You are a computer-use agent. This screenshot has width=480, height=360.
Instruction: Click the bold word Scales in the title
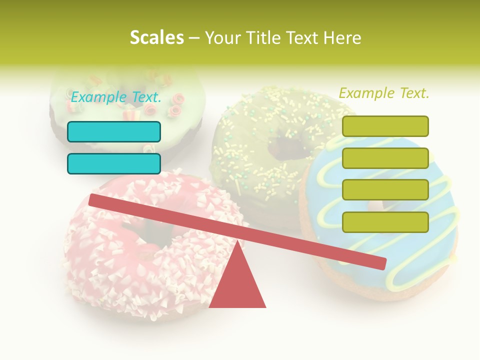156,38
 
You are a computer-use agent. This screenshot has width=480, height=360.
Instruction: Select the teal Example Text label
115,97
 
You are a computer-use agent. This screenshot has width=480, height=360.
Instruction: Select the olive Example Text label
384,93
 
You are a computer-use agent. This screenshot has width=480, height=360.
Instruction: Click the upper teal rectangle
114,131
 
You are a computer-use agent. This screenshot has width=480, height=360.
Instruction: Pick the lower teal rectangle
114,163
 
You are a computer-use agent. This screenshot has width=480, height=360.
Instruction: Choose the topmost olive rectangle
385,126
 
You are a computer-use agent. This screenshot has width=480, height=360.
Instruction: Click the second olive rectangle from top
385,158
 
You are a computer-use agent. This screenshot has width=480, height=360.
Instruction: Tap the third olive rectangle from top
385,190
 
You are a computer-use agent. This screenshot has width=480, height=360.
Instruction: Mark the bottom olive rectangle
385,222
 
